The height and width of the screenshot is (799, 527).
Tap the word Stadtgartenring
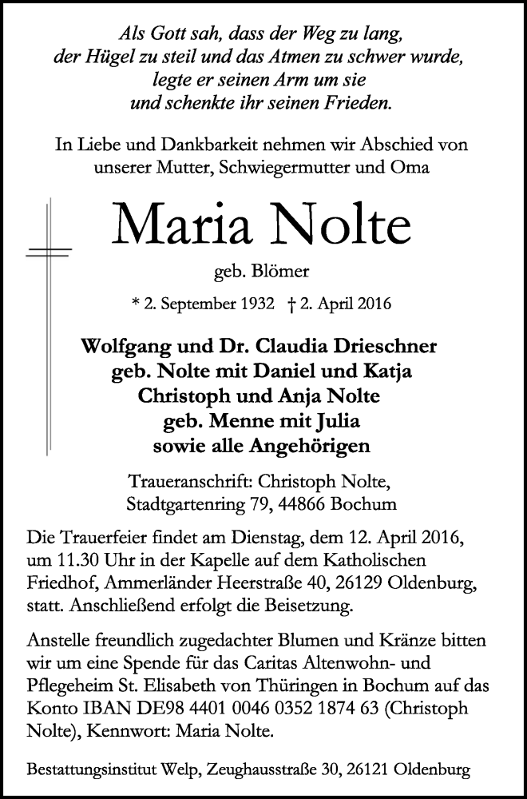(x=184, y=503)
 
